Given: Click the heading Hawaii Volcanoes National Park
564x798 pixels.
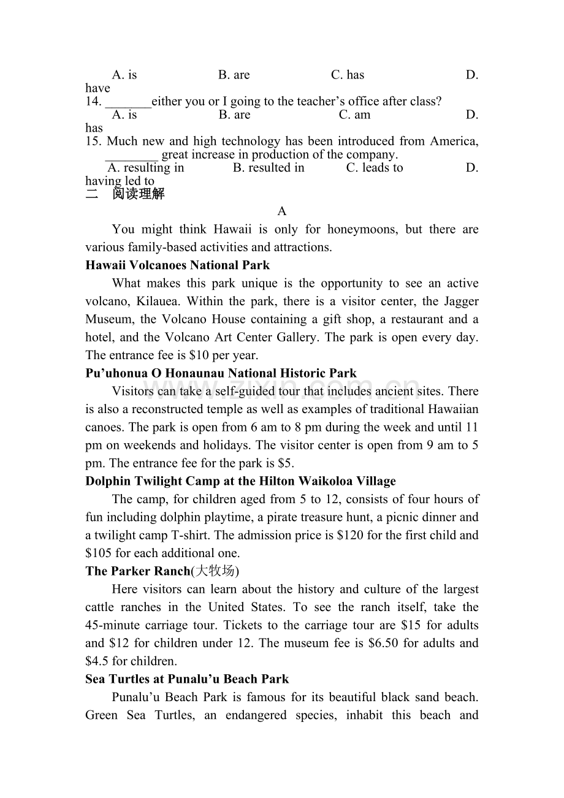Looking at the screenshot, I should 177,265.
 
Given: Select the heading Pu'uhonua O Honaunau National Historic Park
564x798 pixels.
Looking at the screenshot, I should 221,373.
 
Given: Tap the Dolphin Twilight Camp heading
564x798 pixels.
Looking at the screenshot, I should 240,481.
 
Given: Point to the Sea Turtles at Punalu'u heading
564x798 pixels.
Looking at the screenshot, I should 187,679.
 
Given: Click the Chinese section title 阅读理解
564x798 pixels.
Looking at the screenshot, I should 139,195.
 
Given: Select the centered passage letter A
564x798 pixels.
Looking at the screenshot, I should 282,211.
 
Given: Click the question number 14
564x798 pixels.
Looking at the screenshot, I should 93,102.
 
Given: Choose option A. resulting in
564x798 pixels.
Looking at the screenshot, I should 145,168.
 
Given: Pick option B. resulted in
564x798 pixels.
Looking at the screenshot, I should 269,168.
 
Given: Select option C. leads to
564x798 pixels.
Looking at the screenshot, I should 375,168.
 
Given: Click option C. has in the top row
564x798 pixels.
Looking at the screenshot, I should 348,75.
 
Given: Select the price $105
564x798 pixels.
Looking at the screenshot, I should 99,553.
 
